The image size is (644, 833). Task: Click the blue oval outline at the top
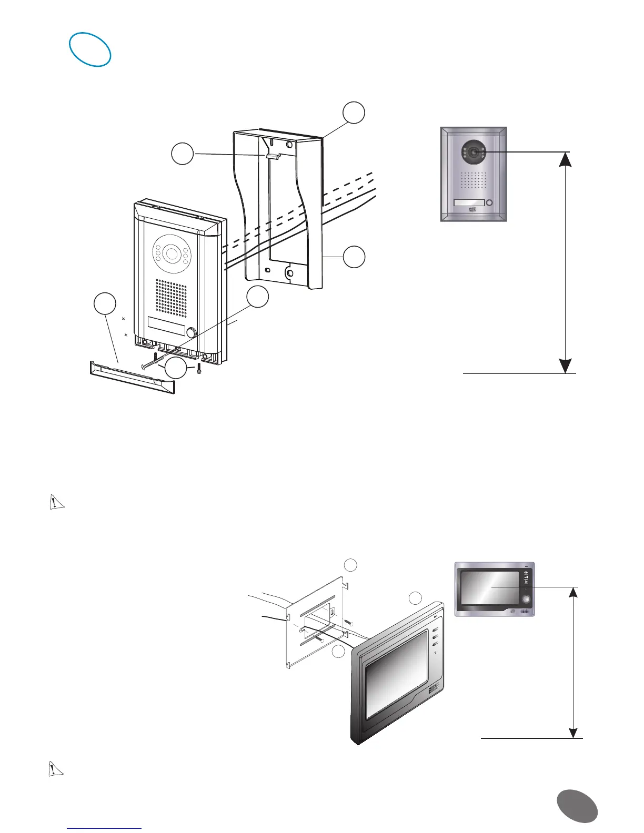pyautogui.click(x=91, y=49)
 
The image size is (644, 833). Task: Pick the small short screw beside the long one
pyautogui.click(x=199, y=369)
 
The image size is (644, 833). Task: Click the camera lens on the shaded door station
pyautogui.click(x=475, y=153)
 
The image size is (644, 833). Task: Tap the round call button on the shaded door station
pyautogui.click(x=490, y=203)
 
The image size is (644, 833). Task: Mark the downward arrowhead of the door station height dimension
pyautogui.click(x=565, y=365)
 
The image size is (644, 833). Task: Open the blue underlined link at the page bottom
pyautogui.click(x=105, y=829)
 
